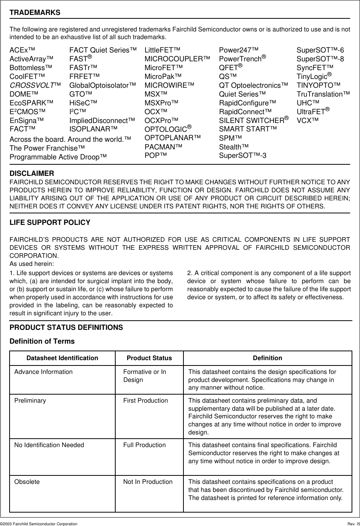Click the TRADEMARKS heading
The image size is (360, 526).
point(35,13)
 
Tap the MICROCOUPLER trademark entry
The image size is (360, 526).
point(177,59)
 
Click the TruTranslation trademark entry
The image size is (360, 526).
point(323,94)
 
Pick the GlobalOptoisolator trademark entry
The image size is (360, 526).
point(103,85)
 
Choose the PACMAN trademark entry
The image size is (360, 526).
point(163,147)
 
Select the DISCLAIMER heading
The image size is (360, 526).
point(32,174)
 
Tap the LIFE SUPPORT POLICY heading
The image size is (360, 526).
point(50,223)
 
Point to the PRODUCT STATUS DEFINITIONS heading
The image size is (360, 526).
point(66,328)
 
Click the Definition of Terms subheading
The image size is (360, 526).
point(42,341)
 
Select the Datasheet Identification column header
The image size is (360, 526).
point(62,358)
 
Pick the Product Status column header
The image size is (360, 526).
point(149,358)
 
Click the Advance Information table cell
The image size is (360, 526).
point(43,372)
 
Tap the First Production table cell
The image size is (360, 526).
point(146,400)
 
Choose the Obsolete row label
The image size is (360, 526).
point(27,482)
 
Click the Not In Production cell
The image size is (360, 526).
point(148,482)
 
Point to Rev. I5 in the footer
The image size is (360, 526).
point(351,523)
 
